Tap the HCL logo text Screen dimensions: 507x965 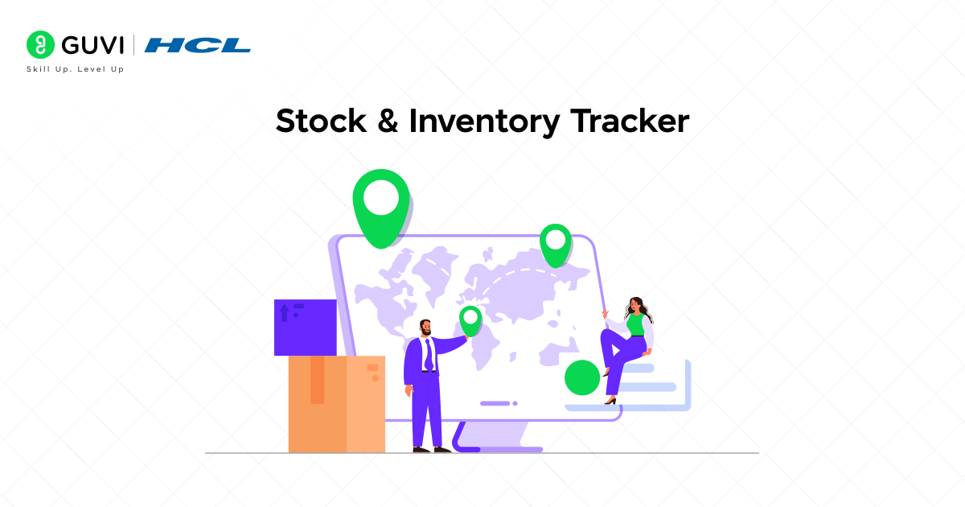coord(198,45)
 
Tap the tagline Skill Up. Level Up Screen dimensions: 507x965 coord(76,69)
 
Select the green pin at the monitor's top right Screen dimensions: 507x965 coord(555,243)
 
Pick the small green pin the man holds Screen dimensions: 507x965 coord(470,319)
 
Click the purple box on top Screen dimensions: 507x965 coord(306,328)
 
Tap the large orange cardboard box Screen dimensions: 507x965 coord(336,404)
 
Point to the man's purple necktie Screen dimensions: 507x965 coord(429,354)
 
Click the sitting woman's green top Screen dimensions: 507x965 coord(636,324)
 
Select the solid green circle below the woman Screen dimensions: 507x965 coord(582,377)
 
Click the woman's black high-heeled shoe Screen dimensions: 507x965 coord(611,400)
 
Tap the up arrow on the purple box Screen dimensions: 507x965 coord(284,312)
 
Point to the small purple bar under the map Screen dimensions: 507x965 coord(495,403)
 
